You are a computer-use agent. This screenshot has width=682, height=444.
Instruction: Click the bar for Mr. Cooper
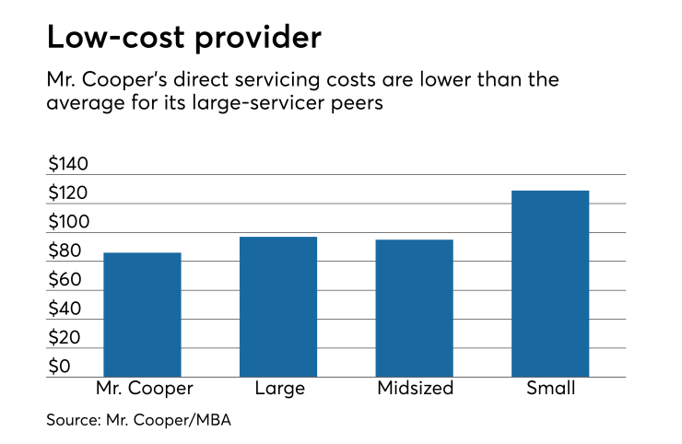pos(142,314)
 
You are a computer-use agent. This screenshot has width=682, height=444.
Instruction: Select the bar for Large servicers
pos(278,307)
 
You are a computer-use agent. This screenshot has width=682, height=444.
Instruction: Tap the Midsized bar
pos(414,308)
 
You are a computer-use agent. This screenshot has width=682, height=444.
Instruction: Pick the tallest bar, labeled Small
pos(550,284)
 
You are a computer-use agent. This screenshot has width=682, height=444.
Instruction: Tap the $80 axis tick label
pos(65,251)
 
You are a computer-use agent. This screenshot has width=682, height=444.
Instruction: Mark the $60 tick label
pos(65,280)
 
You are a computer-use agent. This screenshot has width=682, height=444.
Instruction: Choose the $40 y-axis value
pos(65,310)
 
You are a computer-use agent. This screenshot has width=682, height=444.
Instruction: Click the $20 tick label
pos(65,338)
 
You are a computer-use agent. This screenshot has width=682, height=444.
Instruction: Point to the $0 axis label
pos(59,367)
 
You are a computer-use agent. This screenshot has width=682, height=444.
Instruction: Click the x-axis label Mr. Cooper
pos(142,388)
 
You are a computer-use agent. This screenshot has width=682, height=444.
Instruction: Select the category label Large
pos(278,388)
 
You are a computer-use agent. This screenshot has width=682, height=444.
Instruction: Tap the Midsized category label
pos(415,388)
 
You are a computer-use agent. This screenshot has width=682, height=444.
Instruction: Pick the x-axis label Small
pos(550,388)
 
